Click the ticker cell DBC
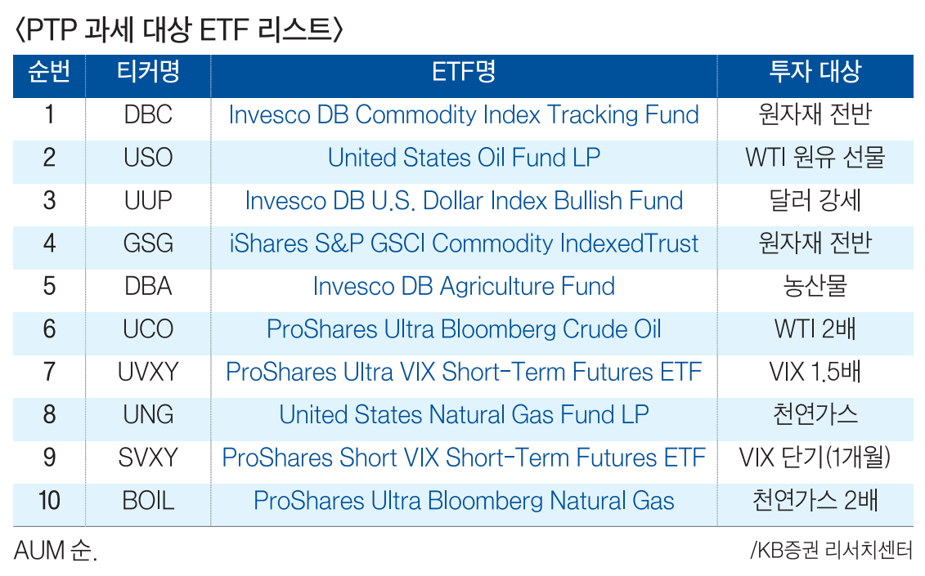tap(148, 114)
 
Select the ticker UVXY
tap(148, 372)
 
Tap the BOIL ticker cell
tap(148, 501)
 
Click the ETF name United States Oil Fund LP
tap(464, 158)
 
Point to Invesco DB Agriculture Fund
tap(464, 287)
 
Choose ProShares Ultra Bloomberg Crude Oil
tap(464, 329)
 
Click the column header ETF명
tap(464, 72)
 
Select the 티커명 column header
tap(148, 72)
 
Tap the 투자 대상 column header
tap(815, 72)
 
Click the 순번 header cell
tap(50, 72)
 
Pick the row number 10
tap(50, 501)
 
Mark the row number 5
tap(50, 287)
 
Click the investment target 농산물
tap(815, 287)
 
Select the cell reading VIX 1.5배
tap(815, 372)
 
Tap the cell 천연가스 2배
tap(815, 501)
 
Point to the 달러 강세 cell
tap(815, 200)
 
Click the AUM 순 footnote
tap(56, 551)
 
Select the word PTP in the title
tap(51, 29)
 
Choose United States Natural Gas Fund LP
tap(464, 414)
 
